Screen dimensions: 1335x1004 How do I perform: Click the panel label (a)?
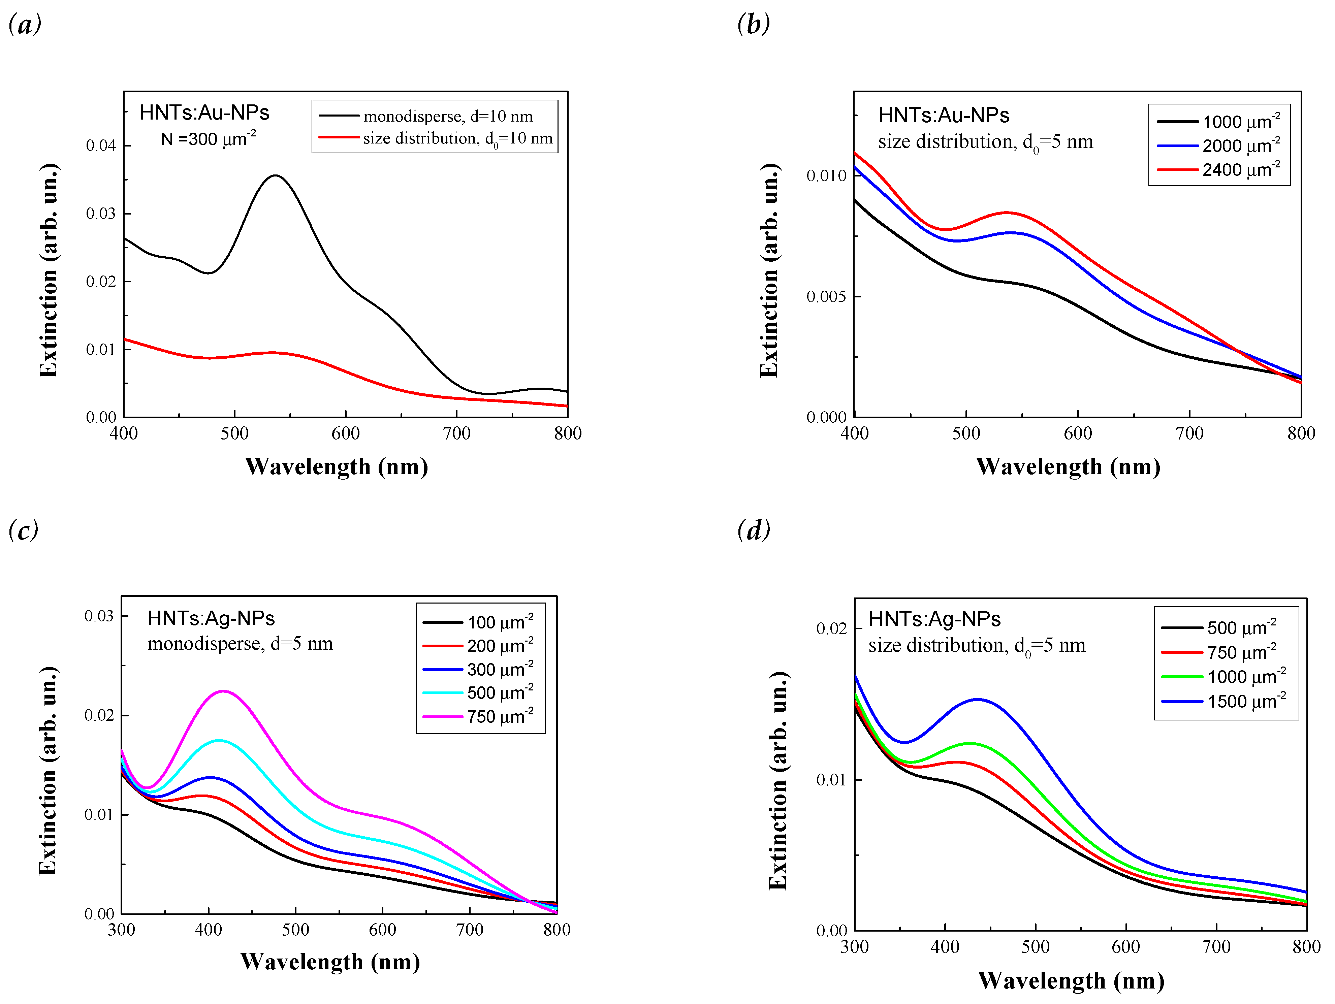pyautogui.click(x=25, y=25)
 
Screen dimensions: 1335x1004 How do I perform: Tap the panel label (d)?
pyautogui.click(x=754, y=530)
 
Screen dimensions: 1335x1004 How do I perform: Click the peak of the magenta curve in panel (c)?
pyautogui.click(x=223, y=691)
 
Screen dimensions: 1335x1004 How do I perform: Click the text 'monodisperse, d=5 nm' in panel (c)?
pyautogui.click(x=240, y=644)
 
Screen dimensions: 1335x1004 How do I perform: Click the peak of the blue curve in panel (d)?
pyautogui.click(x=977, y=699)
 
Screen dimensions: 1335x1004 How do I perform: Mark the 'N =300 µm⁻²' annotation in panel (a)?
pyautogui.click(x=208, y=139)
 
